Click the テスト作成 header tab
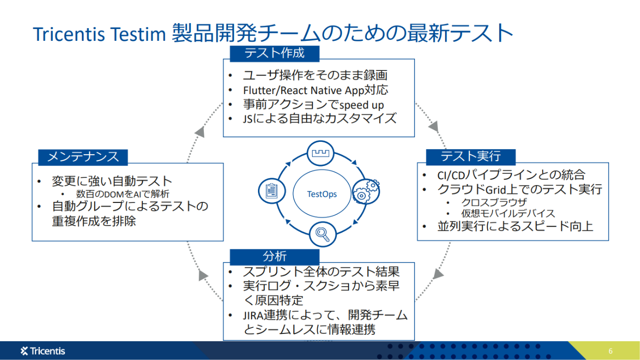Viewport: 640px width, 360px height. click(x=275, y=53)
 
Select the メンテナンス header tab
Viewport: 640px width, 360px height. click(x=83, y=157)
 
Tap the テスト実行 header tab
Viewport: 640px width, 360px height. click(x=471, y=157)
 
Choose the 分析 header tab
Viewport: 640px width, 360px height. click(x=275, y=257)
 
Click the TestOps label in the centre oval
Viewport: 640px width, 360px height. click(x=321, y=195)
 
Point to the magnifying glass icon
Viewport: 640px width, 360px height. click(x=322, y=234)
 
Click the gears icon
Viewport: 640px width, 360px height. click(x=366, y=192)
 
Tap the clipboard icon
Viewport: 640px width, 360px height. click(x=272, y=191)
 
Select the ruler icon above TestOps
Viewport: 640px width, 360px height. click(x=320, y=154)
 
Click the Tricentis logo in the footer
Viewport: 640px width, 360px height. click(x=42, y=351)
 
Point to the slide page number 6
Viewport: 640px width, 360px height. click(x=610, y=351)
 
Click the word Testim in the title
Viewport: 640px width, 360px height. click(x=138, y=34)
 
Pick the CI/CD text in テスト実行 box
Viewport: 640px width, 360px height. click(x=451, y=175)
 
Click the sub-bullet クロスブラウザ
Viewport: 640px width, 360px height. click(x=494, y=202)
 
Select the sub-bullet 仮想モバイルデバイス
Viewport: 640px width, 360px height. click(x=508, y=213)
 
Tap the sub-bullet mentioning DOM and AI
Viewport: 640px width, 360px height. click(x=123, y=194)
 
